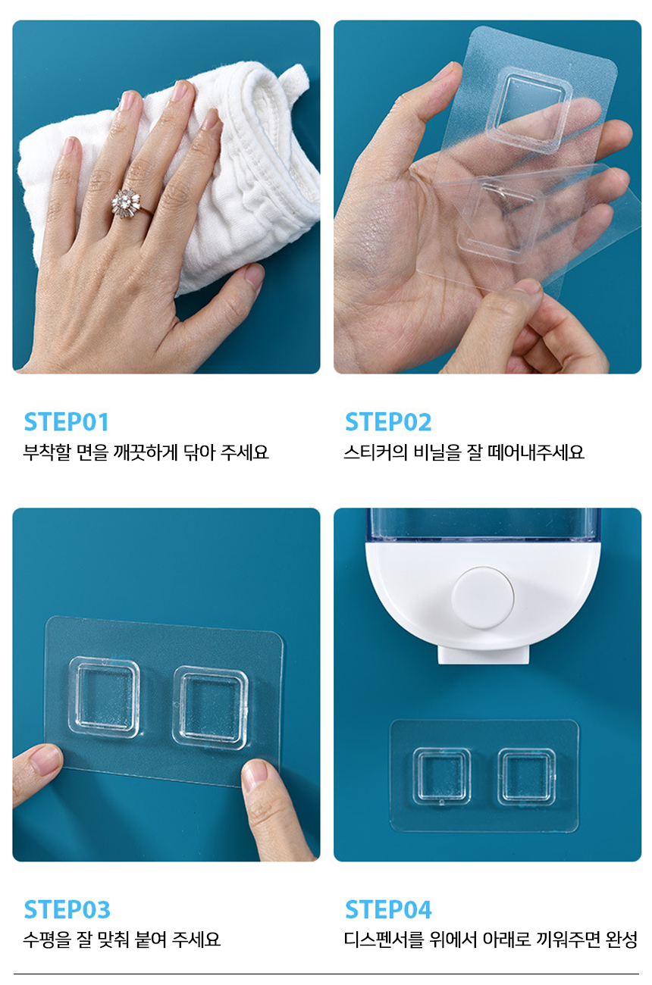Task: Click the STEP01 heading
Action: point(66,422)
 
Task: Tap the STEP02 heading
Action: point(388,422)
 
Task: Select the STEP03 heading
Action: point(67,909)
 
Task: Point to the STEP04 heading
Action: point(388,909)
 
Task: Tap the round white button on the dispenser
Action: point(483,598)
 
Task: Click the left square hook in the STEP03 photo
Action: point(105,697)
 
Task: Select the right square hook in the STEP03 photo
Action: point(210,708)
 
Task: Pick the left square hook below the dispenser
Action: point(442,777)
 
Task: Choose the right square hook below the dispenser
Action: point(526,777)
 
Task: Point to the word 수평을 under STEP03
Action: point(47,940)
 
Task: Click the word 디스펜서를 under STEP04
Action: point(384,940)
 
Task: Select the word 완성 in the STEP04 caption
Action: point(621,940)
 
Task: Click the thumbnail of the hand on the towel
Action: point(166,197)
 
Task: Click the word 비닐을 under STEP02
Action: point(437,452)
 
